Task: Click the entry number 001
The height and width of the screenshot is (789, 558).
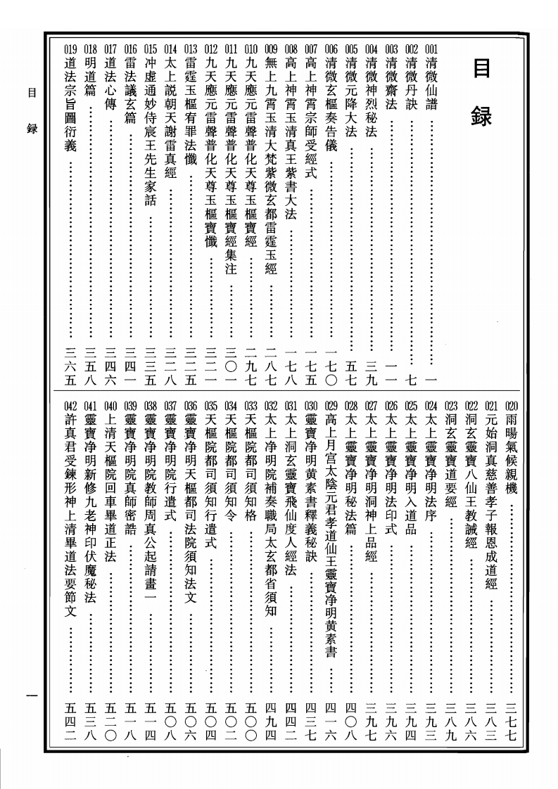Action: click(431, 50)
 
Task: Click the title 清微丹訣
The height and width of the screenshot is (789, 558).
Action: click(412, 85)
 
